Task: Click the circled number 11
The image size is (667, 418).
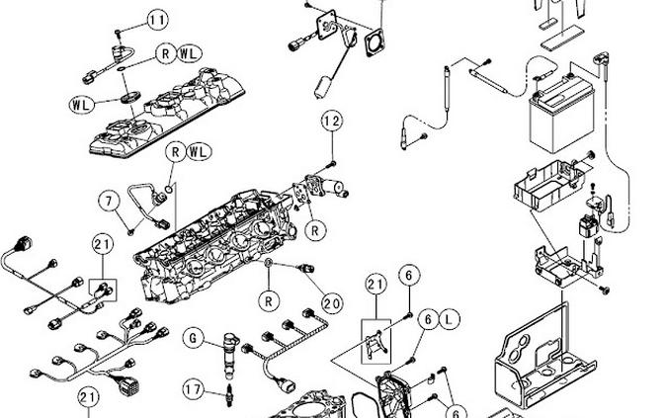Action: [x=158, y=20]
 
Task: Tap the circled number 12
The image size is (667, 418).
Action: [x=332, y=122]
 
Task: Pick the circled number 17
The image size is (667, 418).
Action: [x=195, y=390]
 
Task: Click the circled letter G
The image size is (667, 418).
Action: [x=194, y=340]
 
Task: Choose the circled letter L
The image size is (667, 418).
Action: [x=448, y=319]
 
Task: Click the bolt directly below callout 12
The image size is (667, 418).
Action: [x=333, y=161]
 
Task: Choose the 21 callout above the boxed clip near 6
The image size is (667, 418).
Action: [x=375, y=285]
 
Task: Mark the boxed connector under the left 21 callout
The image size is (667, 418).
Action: [x=103, y=289]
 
